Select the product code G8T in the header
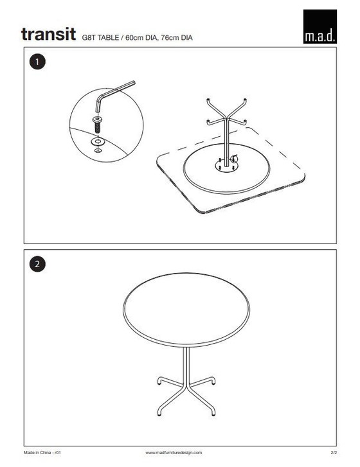[x=88, y=37]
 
